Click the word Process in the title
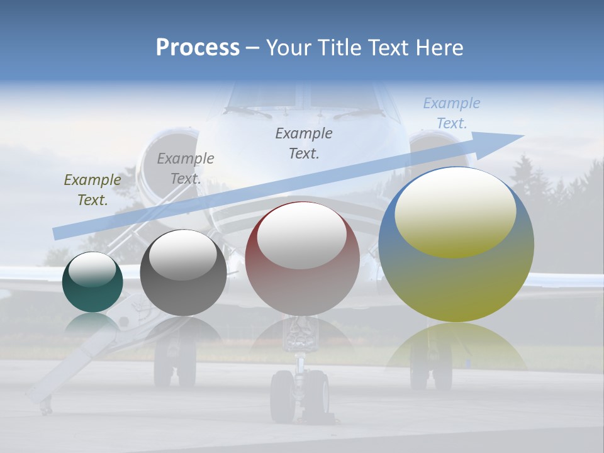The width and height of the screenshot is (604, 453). pos(198,48)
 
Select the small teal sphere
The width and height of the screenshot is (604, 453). pos(92,282)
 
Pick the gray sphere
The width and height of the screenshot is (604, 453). pos(183,273)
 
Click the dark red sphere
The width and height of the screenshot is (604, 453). pos(302,259)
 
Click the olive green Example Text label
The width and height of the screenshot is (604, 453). pos(92,190)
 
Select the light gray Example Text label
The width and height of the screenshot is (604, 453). pos(185,169)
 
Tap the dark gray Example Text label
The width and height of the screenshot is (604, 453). pos(304,143)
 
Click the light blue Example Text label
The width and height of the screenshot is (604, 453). pos(451,113)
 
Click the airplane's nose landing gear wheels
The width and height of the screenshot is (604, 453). pos(300,396)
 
